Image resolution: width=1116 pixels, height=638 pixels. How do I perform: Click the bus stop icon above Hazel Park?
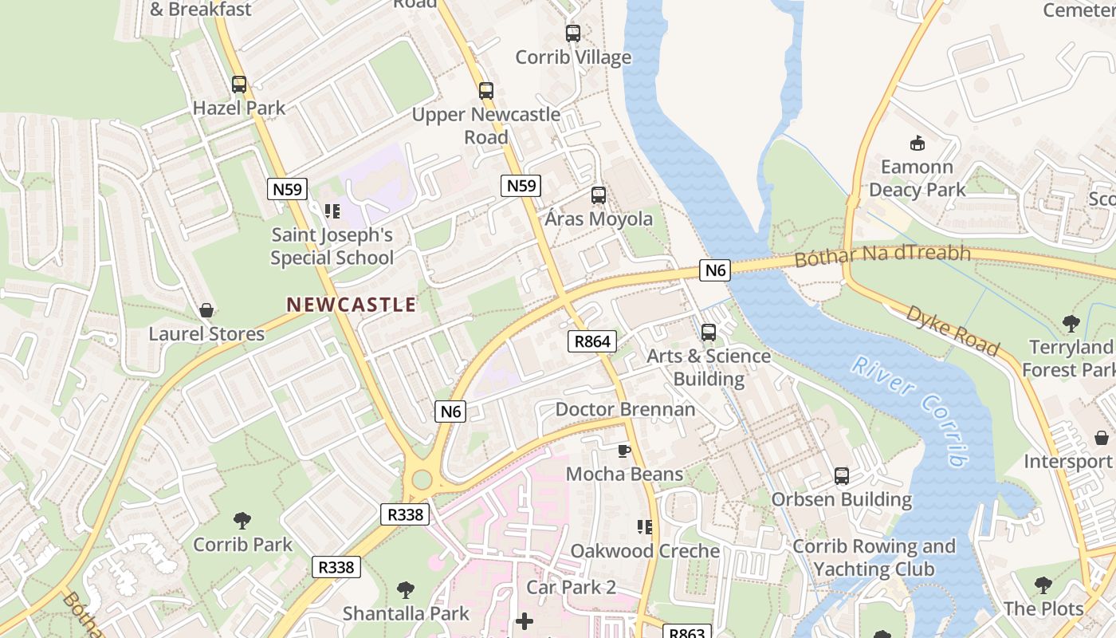click(238, 85)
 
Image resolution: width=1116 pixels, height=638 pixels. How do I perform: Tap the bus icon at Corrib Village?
click(572, 33)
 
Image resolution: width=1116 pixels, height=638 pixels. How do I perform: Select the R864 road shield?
click(592, 342)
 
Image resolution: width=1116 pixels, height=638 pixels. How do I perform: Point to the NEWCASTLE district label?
click(351, 305)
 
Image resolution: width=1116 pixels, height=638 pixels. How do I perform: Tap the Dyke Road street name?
click(952, 330)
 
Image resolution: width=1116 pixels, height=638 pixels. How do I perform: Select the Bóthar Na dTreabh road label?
click(882, 256)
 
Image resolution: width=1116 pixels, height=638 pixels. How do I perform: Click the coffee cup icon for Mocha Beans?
click(624, 451)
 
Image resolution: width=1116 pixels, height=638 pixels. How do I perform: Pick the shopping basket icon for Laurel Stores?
click(206, 310)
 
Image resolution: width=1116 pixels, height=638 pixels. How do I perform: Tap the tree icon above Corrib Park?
click(242, 521)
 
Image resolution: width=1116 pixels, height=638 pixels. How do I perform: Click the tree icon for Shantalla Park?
click(406, 590)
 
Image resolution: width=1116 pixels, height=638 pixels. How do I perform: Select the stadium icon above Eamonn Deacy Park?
click(917, 144)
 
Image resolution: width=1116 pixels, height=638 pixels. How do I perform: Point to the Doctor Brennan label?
click(625, 409)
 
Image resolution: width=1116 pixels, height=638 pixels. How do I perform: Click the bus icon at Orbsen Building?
click(842, 476)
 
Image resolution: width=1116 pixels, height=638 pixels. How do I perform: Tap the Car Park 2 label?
click(571, 588)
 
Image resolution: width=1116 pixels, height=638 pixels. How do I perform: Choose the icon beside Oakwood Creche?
click(645, 527)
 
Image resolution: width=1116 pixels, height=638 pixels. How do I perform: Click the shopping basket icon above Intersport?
click(1102, 438)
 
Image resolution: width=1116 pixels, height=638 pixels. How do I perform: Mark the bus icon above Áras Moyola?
click(598, 195)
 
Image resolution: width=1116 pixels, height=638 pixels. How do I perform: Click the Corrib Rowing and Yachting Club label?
click(874, 557)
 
